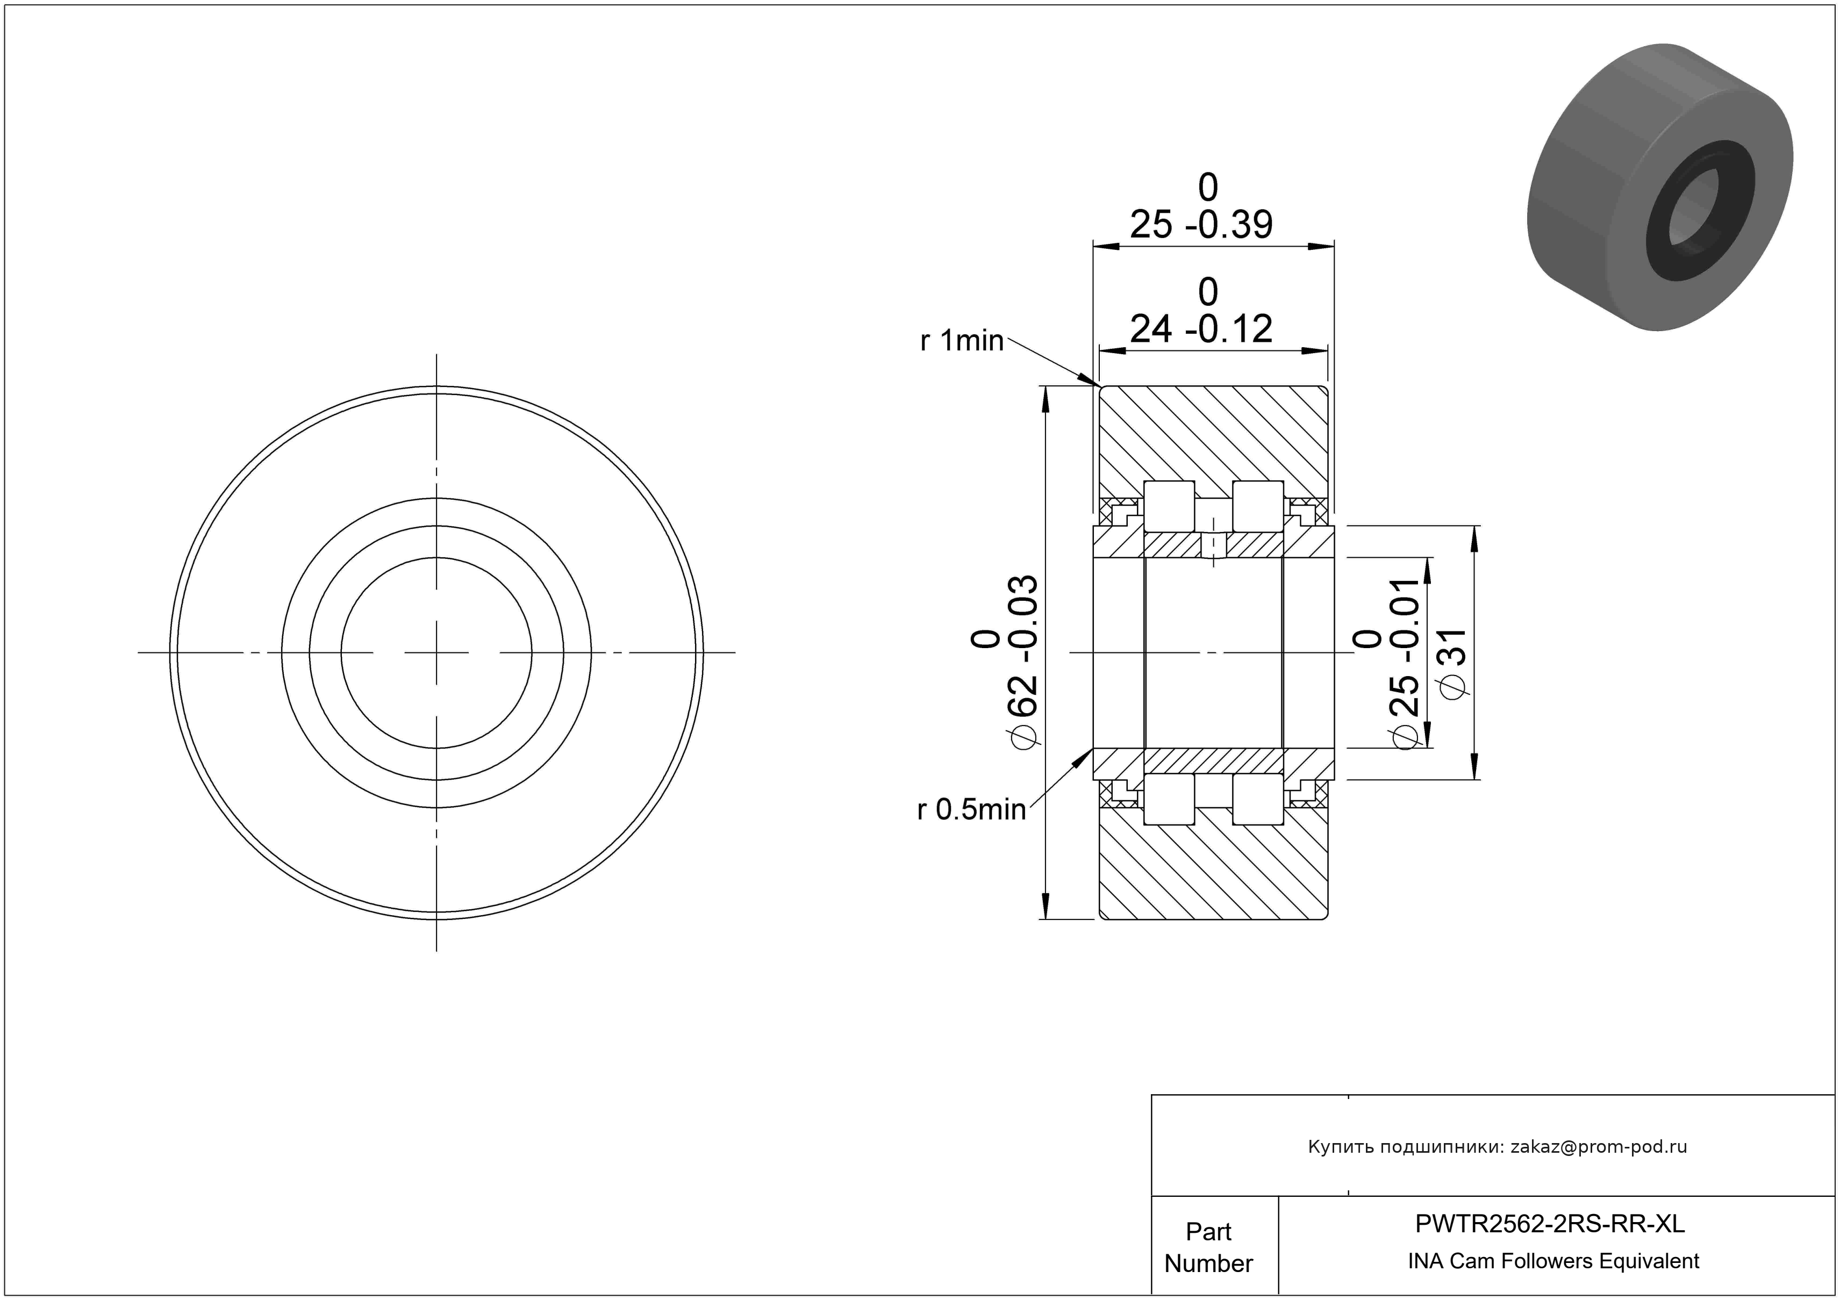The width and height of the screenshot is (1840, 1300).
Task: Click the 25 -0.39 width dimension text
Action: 1200,225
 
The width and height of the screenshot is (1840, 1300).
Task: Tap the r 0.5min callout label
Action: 971,810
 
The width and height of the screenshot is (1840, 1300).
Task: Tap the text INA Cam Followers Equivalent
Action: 1553,1261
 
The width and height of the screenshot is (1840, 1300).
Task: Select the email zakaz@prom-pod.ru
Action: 1599,1147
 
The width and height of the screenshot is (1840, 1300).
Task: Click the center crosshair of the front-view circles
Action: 437,653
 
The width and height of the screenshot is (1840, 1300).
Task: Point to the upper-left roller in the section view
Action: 1169,506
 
